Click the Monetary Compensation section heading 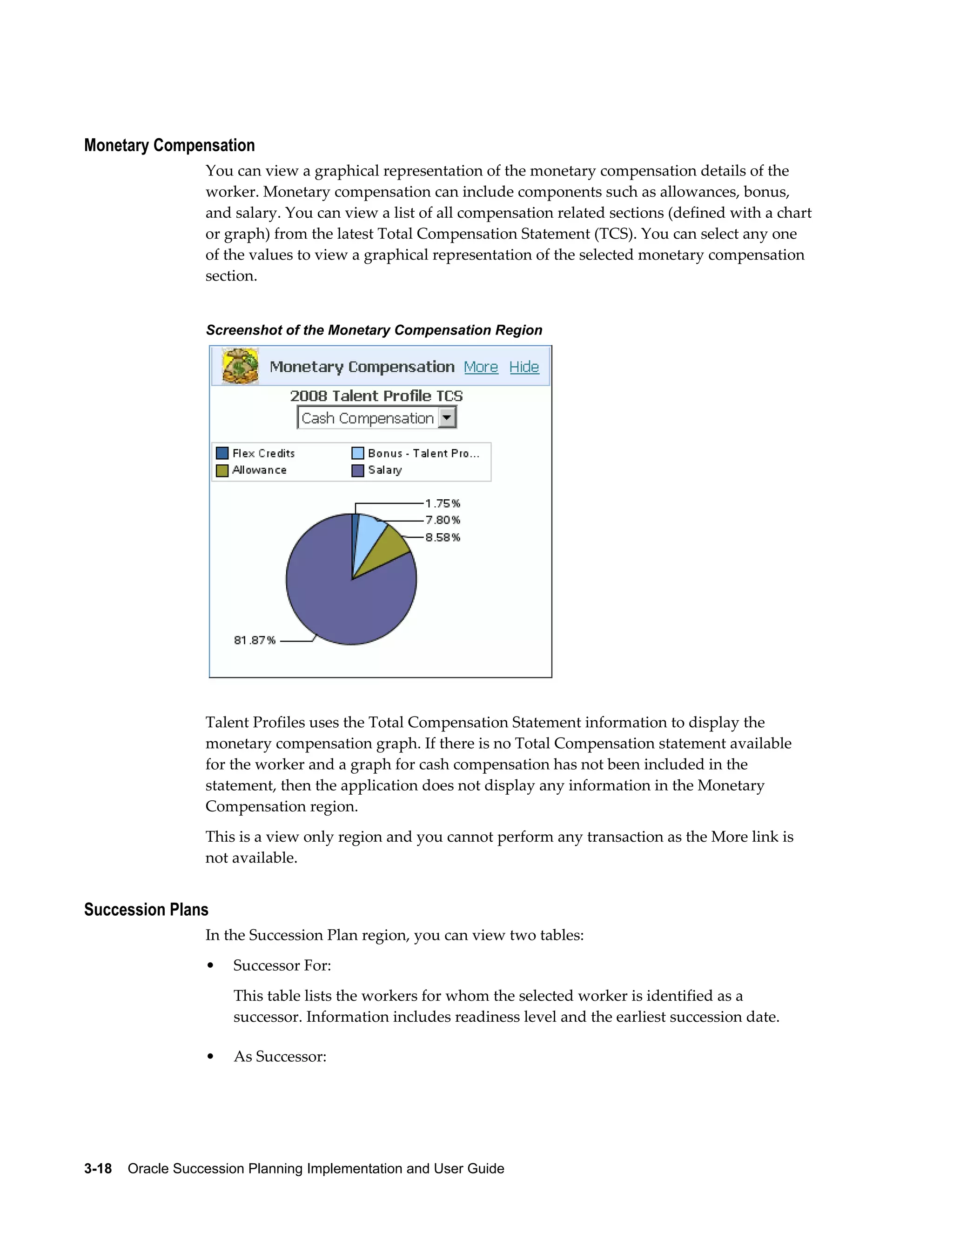pyautogui.click(x=169, y=146)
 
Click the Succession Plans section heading pyautogui.click(x=146, y=910)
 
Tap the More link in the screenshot pyautogui.click(x=480, y=367)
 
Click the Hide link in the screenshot pyautogui.click(x=524, y=367)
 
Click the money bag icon pyautogui.click(x=241, y=366)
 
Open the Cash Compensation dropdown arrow pyautogui.click(x=447, y=418)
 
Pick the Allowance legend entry pyautogui.click(x=252, y=470)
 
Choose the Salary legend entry pyautogui.click(x=377, y=470)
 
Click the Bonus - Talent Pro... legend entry pyautogui.click(x=416, y=453)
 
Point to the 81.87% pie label pyautogui.click(x=255, y=640)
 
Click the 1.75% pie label pyautogui.click(x=443, y=503)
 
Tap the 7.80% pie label pyautogui.click(x=443, y=520)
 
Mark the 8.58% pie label pyautogui.click(x=443, y=537)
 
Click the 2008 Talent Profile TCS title pyautogui.click(x=376, y=396)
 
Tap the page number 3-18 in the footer pyautogui.click(x=98, y=1168)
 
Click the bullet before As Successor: pyautogui.click(x=211, y=1056)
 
